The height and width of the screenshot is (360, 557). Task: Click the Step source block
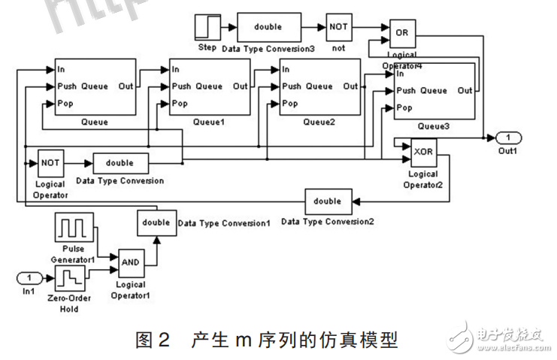(x=206, y=28)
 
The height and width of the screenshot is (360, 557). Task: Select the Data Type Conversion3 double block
(x=268, y=27)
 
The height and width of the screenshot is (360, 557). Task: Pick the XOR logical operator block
(x=424, y=153)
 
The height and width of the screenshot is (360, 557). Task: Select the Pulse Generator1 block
(x=73, y=227)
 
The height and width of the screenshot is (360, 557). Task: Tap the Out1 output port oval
(x=507, y=137)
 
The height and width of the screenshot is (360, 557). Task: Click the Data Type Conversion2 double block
(x=327, y=201)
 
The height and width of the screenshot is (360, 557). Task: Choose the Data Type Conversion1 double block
(x=156, y=222)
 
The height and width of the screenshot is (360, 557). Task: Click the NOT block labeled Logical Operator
(x=50, y=162)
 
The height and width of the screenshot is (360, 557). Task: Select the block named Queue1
(x=209, y=87)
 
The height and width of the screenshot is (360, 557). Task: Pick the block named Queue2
(x=319, y=87)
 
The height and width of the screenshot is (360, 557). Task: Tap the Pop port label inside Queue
(x=66, y=104)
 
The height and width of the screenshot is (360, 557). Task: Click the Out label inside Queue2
(x=350, y=86)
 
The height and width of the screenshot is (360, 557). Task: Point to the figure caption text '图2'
(x=153, y=340)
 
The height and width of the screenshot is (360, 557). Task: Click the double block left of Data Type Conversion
(x=120, y=163)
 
